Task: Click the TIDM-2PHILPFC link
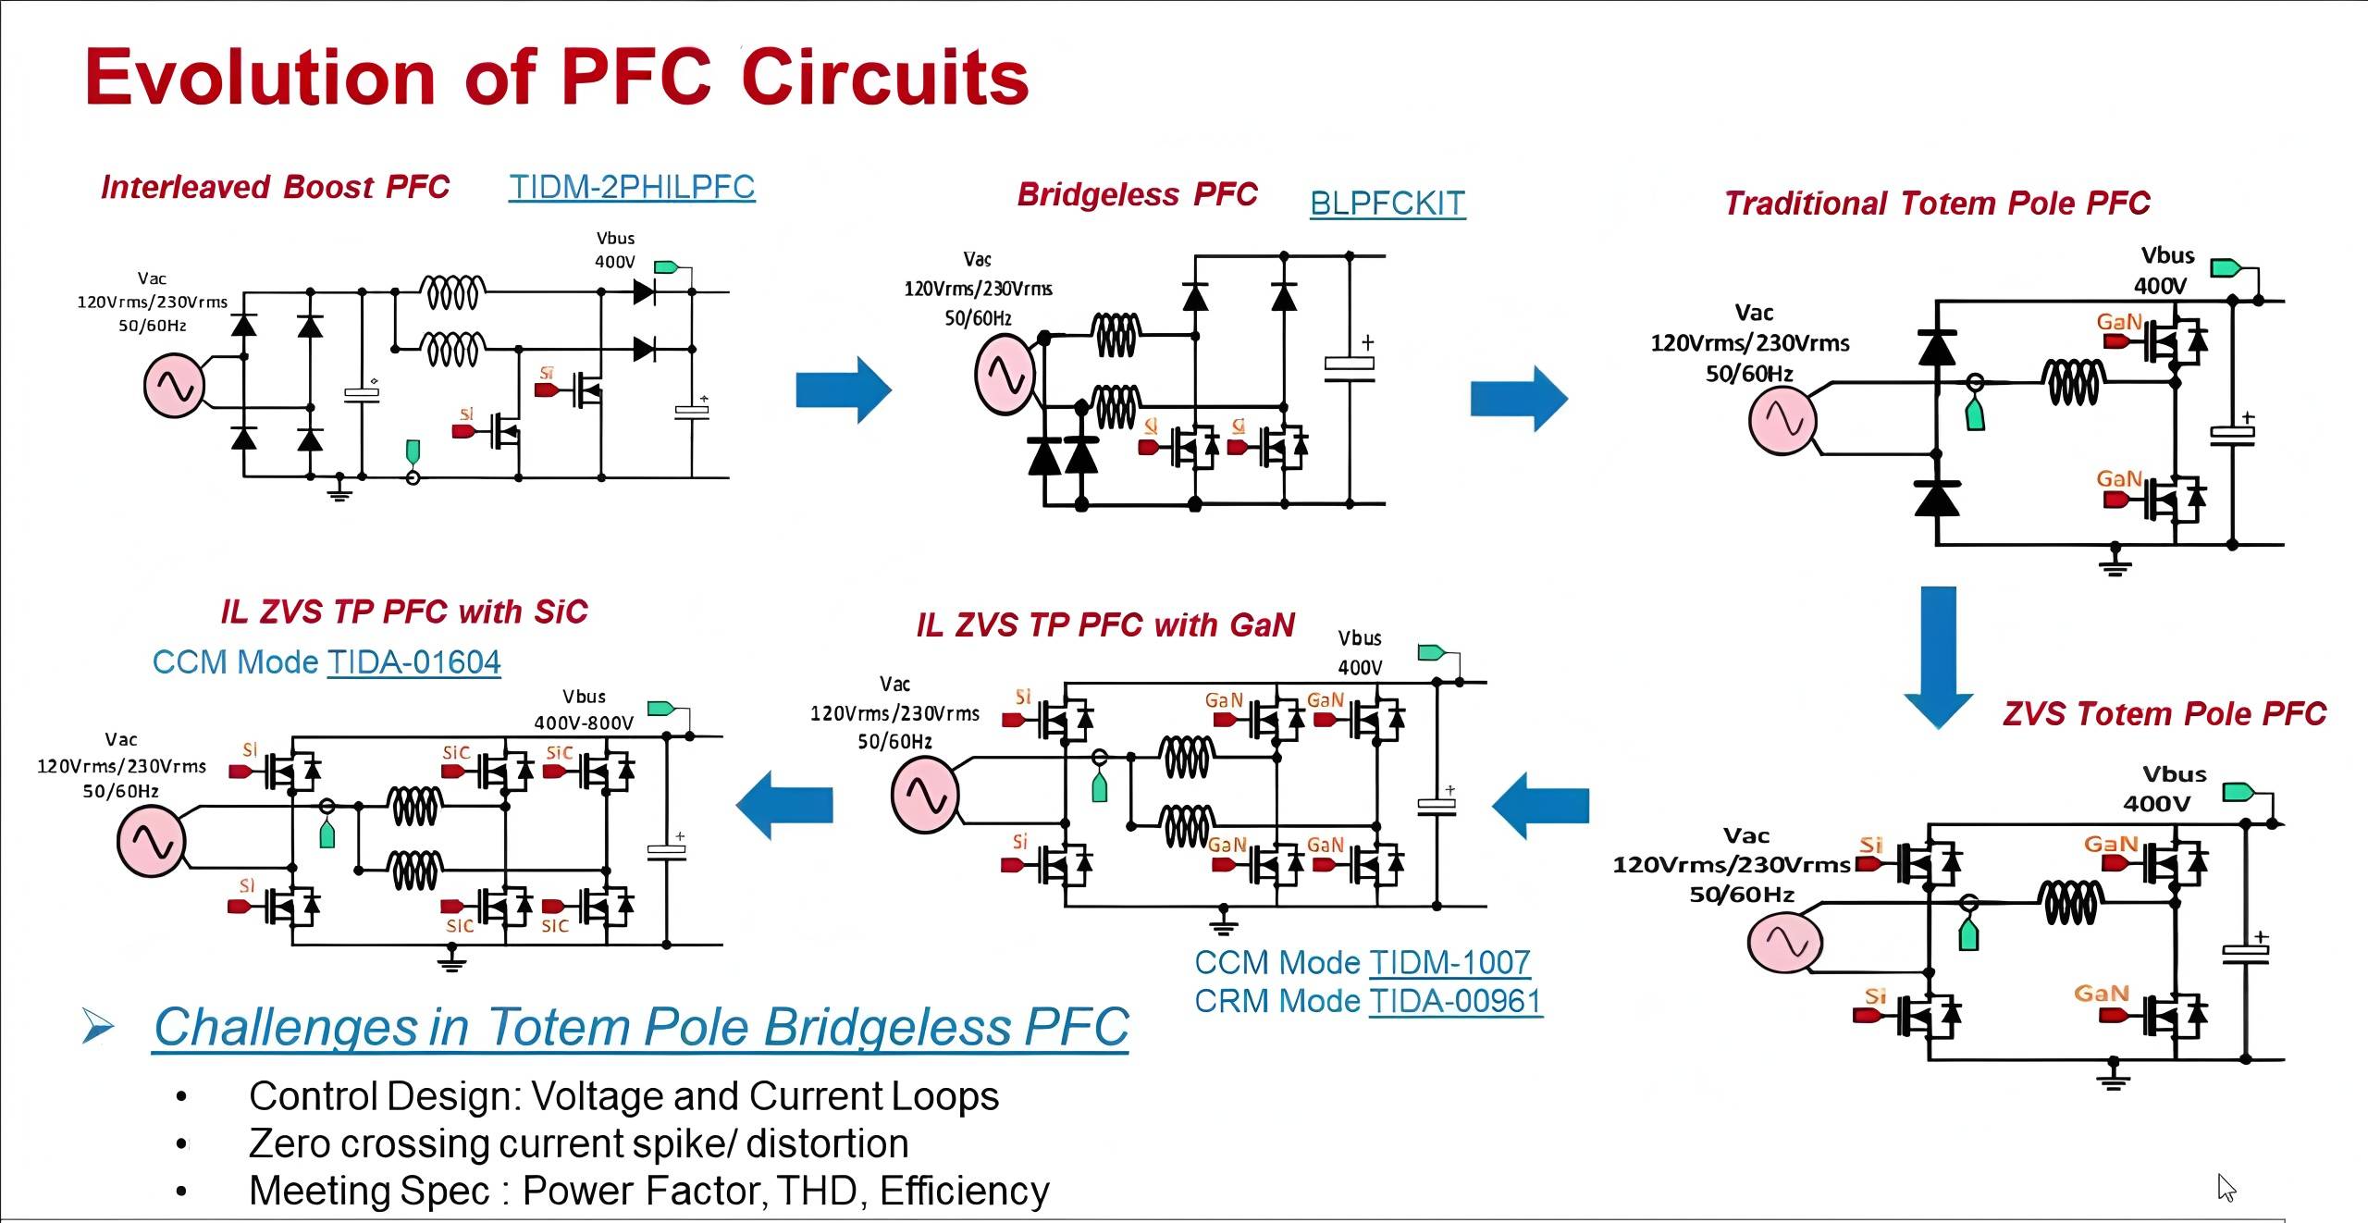pos(632,187)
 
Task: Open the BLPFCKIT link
pos(1387,204)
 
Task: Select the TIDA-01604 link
pos(413,662)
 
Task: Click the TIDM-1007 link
pos(1449,963)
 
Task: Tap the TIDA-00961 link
pos(1455,1002)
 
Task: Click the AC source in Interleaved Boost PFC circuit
pos(173,386)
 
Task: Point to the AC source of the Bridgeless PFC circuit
pos(1004,375)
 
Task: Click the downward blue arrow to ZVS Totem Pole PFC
pos(1938,657)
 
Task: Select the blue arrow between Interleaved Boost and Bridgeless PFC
pos(843,389)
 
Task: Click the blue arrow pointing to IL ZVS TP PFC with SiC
pos(784,805)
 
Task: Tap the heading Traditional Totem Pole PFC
pos(1937,204)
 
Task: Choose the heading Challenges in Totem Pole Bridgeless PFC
pos(641,1027)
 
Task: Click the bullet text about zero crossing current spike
pos(578,1144)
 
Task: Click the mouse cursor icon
pos(2226,1187)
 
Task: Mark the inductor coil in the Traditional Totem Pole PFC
pos(2073,381)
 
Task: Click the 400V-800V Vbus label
pos(584,723)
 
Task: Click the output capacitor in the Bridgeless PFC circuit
pos(1349,366)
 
